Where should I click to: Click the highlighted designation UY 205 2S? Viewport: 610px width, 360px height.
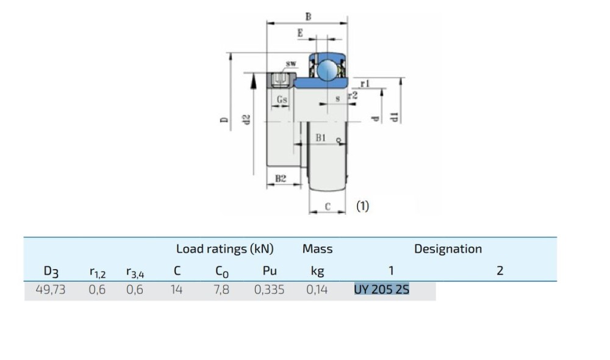click(x=381, y=290)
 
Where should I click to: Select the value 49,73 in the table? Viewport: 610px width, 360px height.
click(x=51, y=290)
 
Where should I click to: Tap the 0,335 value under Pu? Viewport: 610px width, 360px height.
click(x=269, y=290)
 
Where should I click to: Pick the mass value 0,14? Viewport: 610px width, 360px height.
click(x=317, y=290)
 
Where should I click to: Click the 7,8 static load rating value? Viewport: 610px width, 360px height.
click(x=221, y=290)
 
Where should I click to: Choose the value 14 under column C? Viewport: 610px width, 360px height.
click(x=176, y=290)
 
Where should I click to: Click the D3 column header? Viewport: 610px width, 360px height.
click(x=51, y=272)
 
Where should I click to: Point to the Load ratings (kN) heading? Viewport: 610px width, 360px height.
click(x=225, y=249)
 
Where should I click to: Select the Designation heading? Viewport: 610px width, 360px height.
click(x=448, y=249)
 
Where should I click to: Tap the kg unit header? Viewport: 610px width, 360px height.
click(x=317, y=271)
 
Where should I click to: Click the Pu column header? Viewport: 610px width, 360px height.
click(x=270, y=270)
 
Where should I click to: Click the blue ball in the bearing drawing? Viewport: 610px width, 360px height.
click(x=327, y=70)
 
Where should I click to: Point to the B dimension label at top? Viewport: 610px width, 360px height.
click(x=308, y=16)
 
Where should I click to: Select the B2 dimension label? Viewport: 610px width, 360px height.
click(x=281, y=179)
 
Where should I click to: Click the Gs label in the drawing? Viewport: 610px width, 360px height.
click(x=282, y=99)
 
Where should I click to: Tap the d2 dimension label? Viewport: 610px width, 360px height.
click(x=246, y=120)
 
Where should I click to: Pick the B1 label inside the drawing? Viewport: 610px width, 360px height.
click(x=321, y=138)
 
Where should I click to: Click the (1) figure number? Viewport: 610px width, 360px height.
click(x=362, y=206)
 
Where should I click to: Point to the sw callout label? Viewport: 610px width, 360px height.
click(x=291, y=63)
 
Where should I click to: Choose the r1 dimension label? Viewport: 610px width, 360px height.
click(x=365, y=83)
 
